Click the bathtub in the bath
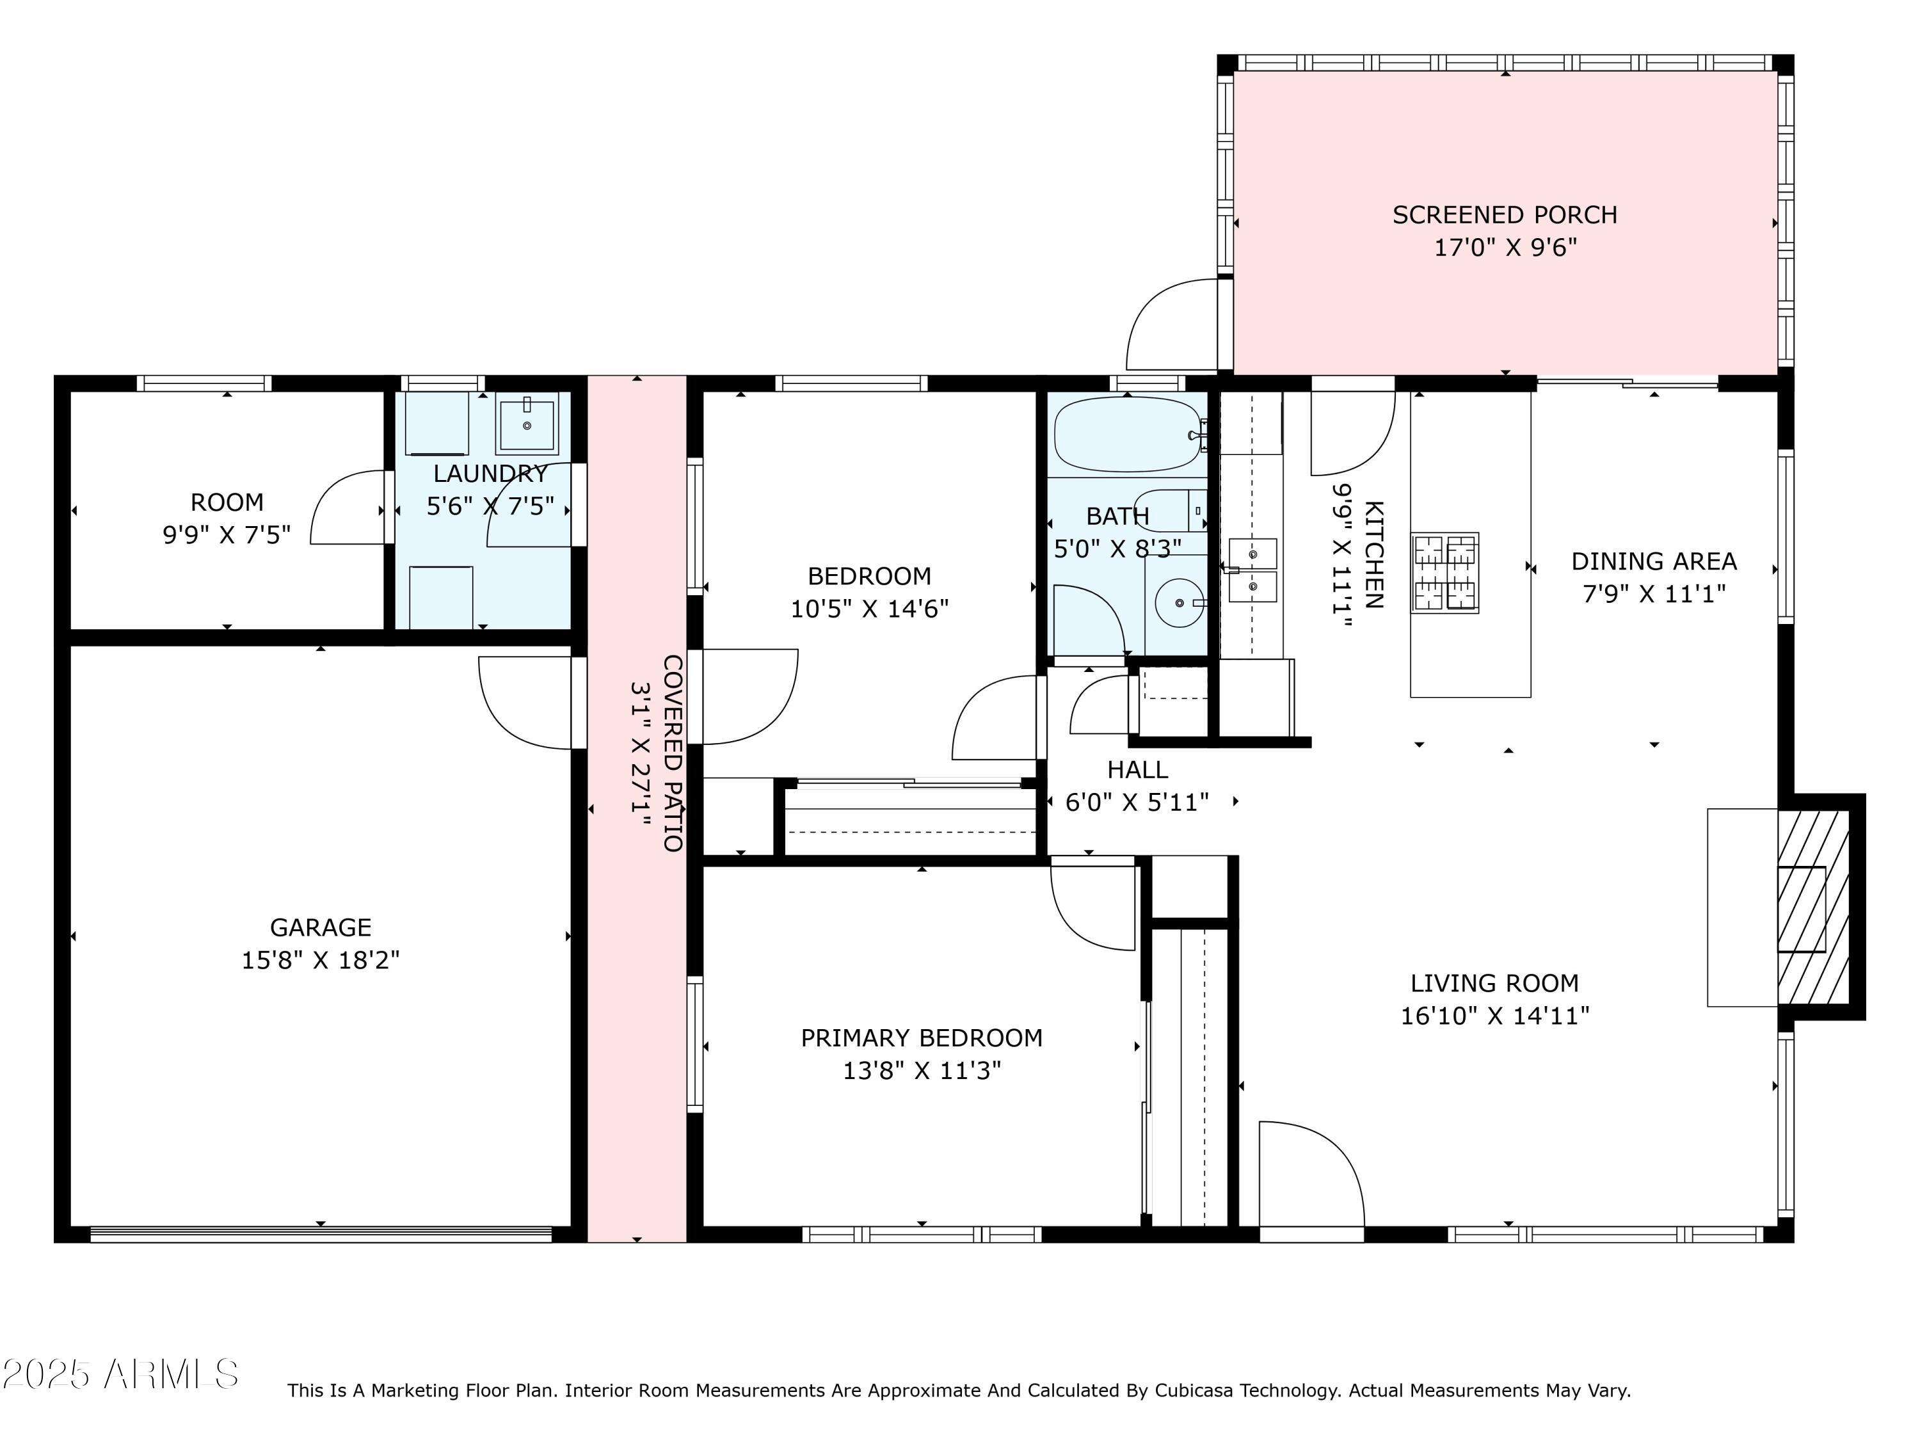(x=1126, y=433)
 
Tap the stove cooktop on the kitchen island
(x=1444, y=573)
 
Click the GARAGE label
(x=320, y=927)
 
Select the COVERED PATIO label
(x=673, y=753)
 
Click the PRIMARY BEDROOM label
(x=921, y=1037)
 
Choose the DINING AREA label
(x=1654, y=561)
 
